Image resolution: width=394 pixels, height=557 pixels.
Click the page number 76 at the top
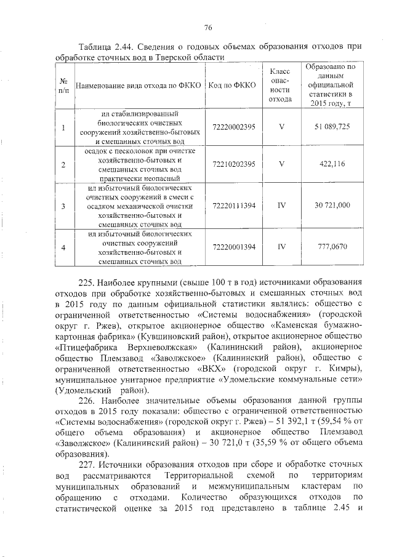tap(208, 27)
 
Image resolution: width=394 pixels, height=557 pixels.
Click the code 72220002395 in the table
tap(233, 127)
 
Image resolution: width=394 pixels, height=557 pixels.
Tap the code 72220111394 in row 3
tap(233, 205)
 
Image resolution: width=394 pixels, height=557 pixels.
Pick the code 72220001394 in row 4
tap(233, 247)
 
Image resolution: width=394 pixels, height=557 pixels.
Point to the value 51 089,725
tap(332, 127)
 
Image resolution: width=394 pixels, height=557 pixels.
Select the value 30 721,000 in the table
tap(332, 205)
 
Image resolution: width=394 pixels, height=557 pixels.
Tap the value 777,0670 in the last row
tap(332, 247)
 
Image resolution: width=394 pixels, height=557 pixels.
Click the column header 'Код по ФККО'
tap(233, 84)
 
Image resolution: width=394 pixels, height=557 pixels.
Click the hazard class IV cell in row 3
tap(281, 205)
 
